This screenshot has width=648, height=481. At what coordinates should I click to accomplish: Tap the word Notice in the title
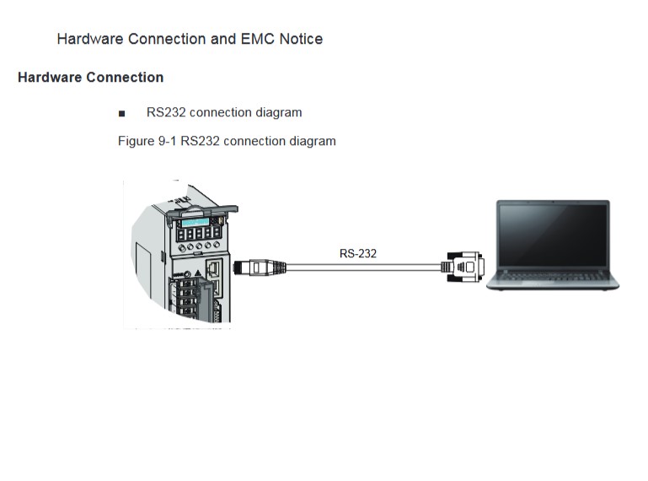pos(303,39)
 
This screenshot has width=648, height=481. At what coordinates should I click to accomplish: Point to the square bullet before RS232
pos(122,113)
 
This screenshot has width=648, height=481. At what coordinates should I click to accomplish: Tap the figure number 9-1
pos(167,141)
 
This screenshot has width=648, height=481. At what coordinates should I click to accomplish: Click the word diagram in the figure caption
pos(313,141)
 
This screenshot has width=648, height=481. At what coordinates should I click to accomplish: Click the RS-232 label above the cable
pos(357,253)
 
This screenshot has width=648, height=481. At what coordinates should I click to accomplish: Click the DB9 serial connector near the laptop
pos(464,267)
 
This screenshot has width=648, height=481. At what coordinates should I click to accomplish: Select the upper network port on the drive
pos(214,268)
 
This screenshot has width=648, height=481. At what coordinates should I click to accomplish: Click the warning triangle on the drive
pos(197,271)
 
